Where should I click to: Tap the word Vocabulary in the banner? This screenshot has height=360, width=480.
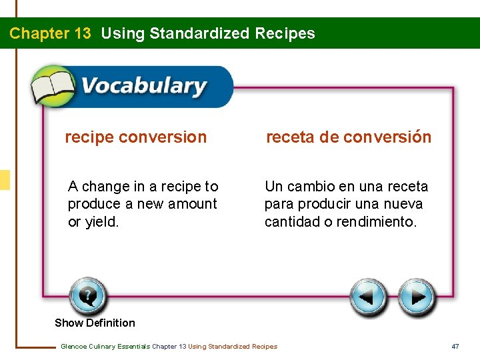click(143, 87)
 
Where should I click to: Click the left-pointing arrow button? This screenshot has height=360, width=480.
click(369, 297)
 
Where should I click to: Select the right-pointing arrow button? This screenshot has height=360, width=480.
click(417, 297)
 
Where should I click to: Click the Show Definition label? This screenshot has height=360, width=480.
click(95, 323)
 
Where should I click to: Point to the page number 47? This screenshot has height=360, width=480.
click(456, 346)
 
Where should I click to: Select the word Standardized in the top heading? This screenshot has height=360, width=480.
click(200, 33)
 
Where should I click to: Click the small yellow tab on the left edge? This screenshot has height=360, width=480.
click(5, 180)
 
